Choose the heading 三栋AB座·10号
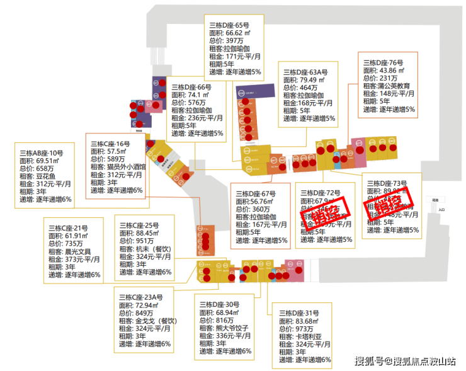click(x=42, y=154)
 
